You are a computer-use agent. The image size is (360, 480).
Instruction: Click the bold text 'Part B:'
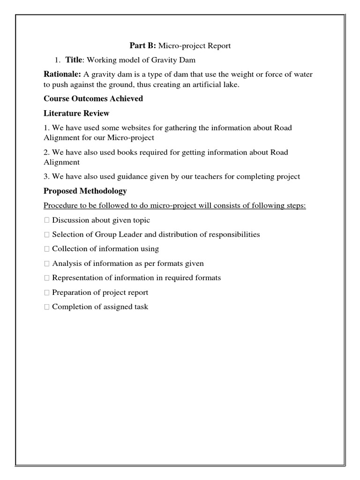coord(143,45)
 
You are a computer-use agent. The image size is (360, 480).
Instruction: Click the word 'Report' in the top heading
coord(219,45)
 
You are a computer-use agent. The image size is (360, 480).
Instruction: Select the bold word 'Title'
coord(74,60)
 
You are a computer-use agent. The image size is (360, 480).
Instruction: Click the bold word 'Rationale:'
coord(62,75)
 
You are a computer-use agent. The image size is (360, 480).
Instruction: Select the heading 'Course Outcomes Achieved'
coord(93,99)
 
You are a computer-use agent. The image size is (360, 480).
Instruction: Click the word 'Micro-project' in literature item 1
coord(132,138)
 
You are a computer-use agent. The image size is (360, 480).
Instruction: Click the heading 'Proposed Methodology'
coord(85,191)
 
